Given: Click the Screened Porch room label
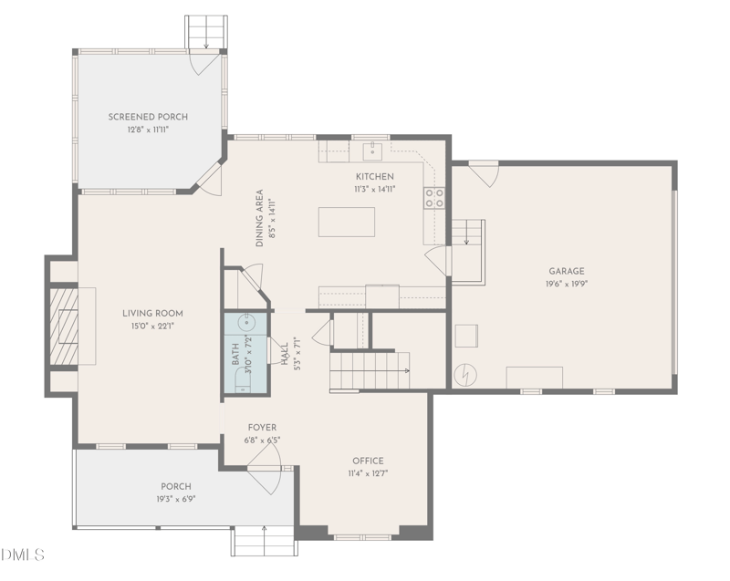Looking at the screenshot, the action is [148, 117].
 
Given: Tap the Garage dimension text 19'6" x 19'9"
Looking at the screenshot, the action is [567, 284].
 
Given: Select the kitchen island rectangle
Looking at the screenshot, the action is [347, 222].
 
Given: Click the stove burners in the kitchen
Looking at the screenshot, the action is [434, 198].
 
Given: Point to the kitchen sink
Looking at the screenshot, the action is [372, 150].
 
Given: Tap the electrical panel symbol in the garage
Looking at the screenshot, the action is [465, 375].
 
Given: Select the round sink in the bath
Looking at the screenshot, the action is [245, 321].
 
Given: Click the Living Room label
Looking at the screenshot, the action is [152, 314].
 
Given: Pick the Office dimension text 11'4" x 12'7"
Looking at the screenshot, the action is [368, 473].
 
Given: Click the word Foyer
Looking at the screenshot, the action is [262, 428].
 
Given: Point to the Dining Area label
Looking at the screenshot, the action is [260, 218].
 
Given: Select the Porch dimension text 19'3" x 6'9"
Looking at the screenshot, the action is [176, 499].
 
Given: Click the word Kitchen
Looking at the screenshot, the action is [375, 177].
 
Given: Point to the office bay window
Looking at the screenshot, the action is [362, 537].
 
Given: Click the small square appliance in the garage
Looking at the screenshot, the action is [466, 336].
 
